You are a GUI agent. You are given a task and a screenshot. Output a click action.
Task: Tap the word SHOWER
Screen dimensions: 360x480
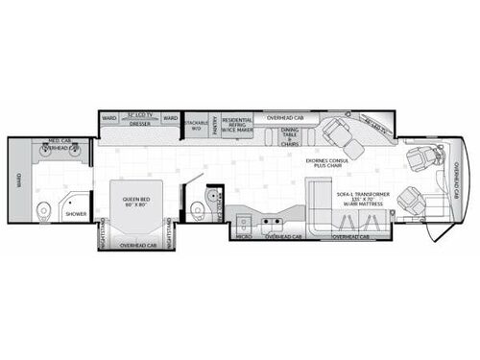coord(76,213)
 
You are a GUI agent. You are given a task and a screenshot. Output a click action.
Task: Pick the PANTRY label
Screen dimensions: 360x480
coord(215,126)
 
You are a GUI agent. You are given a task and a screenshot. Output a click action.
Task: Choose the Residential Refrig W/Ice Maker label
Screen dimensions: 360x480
coord(237,125)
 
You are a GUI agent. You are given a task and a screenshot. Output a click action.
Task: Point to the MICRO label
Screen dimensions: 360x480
coord(244,234)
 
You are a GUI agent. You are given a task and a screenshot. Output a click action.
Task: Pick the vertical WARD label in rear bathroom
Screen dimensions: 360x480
coord(16,180)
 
